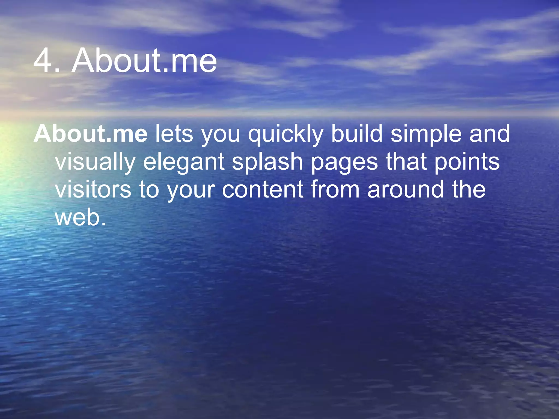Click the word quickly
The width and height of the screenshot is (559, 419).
286,134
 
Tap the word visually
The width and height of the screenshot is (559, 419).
95,162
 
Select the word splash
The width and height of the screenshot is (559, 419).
267,162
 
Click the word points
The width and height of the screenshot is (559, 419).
467,162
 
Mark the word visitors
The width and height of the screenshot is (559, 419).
93,189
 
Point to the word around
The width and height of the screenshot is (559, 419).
406,189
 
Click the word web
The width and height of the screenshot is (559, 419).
80,217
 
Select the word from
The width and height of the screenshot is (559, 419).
335,189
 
